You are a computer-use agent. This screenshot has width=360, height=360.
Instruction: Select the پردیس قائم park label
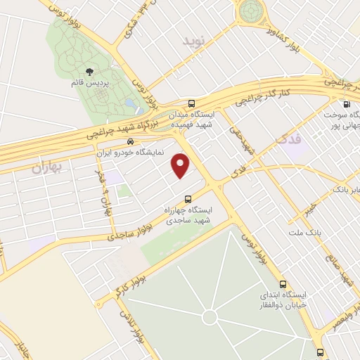coord(89,83)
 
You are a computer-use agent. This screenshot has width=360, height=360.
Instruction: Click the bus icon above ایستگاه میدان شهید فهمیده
coord(192,103)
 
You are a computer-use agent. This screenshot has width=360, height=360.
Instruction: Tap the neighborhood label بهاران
coord(48,167)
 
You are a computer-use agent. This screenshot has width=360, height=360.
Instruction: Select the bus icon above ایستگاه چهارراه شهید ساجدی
coord(188,199)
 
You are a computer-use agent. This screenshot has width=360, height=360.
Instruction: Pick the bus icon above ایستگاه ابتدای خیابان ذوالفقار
coord(282,284)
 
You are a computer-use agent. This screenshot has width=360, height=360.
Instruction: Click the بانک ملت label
coord(303,231)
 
